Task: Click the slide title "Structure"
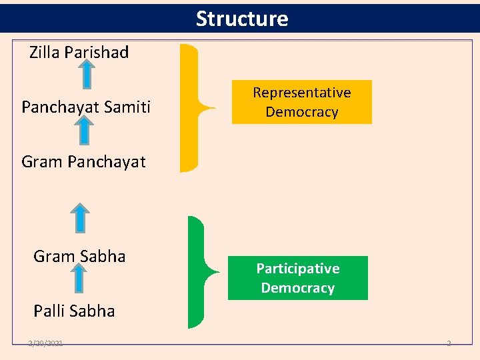(x=242, y=19)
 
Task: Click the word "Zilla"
(x=45, y=53)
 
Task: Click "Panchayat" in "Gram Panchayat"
(x=107, y=162)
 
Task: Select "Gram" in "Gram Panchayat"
(x=42, y=162)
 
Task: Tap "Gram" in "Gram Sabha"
(x=54, y=257)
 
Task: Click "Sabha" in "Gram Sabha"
(x=103, y=257)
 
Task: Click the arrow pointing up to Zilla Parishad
(x=87, y=73)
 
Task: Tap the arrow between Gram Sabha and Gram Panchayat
(x=80, y=217)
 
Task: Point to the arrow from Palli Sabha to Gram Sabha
(x=79, y=277)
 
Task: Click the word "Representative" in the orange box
(x=302, y=93)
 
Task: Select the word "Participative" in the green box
(x=298, y=269)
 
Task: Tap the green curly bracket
(x=198, y=271)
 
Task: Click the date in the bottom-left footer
(x=46, y=343)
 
